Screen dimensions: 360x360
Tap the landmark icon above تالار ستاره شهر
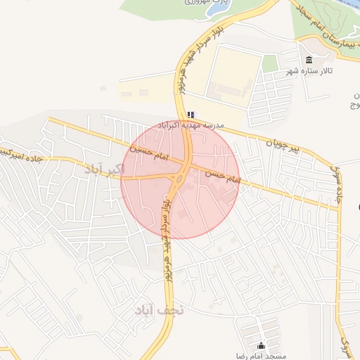(309, 59)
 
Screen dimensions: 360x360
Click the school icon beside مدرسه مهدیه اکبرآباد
(191, 114)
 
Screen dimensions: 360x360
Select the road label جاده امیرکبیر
(21, 155)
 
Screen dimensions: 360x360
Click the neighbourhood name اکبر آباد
(104, 169)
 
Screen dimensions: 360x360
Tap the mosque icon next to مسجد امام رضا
(262, 345)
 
